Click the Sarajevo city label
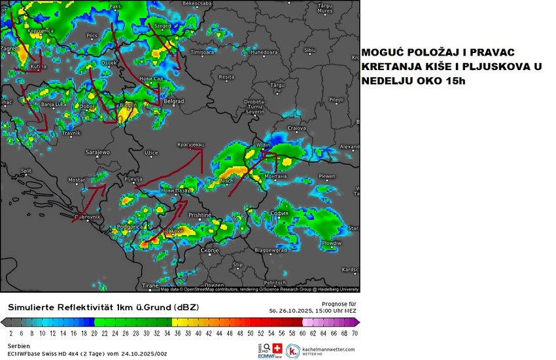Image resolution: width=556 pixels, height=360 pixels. pos(98,152)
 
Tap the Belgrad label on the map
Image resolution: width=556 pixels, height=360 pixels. pos(173,101)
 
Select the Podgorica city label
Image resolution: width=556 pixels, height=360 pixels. pos(130,226)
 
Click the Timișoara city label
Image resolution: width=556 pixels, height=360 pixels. pos(201,52)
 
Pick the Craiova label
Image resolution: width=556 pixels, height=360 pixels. pos(298,128)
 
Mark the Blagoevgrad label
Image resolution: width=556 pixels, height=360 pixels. pos(271,250)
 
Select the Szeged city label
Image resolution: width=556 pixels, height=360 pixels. pos(162,27)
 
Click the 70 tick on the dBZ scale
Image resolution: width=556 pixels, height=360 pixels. pos(355,333)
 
